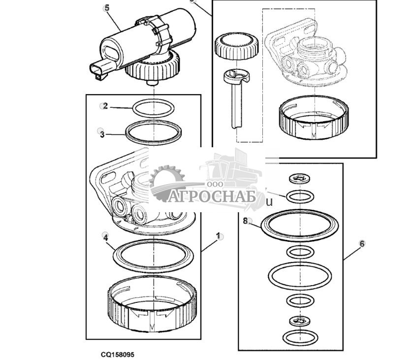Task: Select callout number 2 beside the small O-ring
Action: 105,105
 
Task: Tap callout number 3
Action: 102,133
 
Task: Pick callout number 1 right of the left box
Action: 218,236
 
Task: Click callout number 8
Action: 246,221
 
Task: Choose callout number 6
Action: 362,243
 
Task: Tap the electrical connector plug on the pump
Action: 100,71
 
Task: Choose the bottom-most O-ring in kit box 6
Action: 299,337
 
